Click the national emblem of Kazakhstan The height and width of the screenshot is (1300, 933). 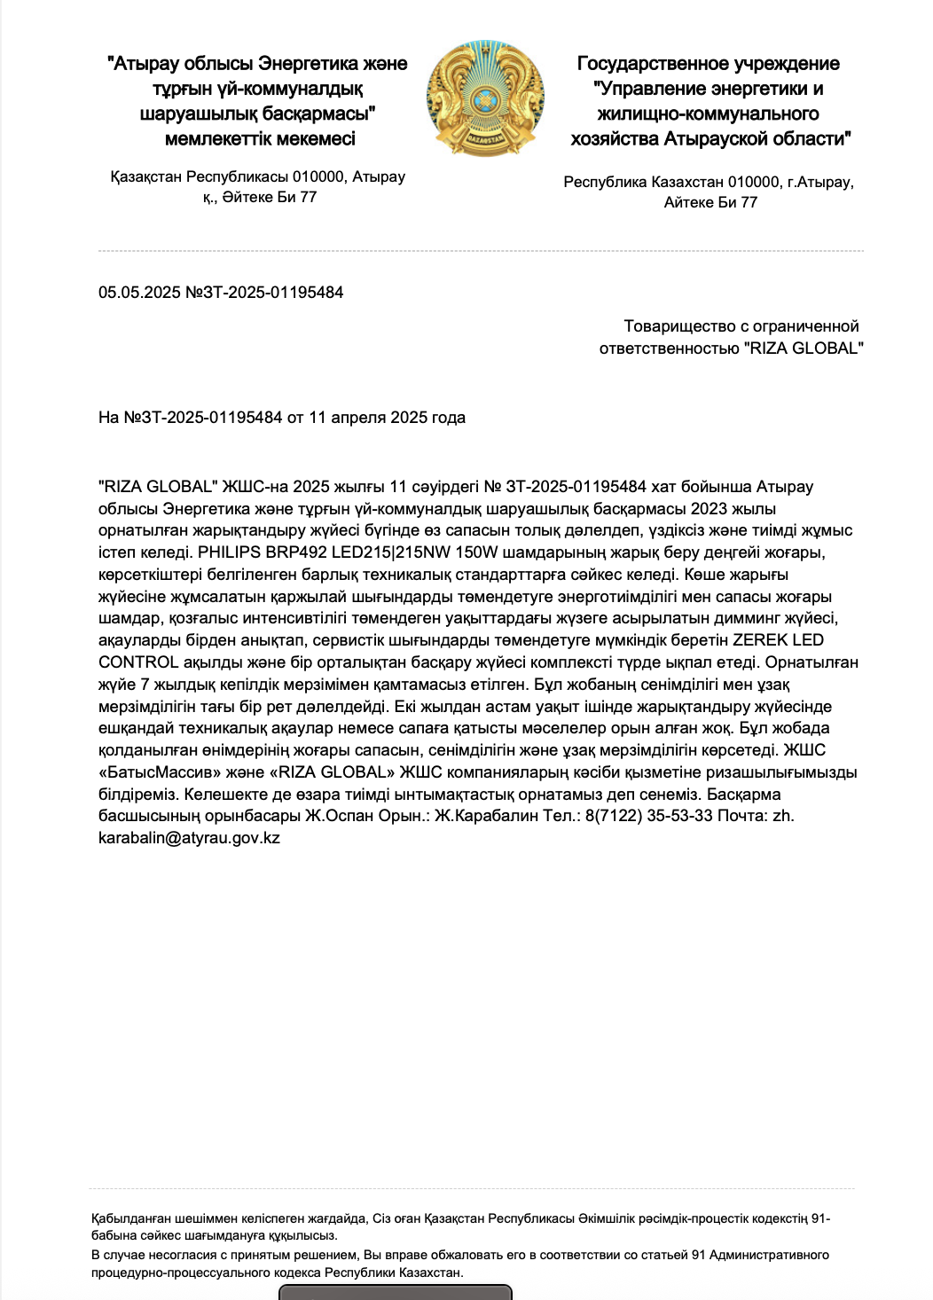tap(484, 98)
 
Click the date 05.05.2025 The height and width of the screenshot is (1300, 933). tap(139, 293)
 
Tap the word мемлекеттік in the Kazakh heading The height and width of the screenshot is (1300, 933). tap(210, 139)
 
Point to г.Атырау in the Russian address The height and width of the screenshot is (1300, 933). tap(824, 182)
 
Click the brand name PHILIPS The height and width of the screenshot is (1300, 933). tap(229, 552)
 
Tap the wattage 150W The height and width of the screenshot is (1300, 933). tap(476, 552)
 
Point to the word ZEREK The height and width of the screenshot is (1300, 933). tap(758, 640)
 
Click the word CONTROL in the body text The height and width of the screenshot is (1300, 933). tap(138, 662)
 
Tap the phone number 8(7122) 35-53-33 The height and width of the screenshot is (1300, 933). tap(648, 816)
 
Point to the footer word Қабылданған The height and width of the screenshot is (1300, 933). tap(130, 1218)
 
